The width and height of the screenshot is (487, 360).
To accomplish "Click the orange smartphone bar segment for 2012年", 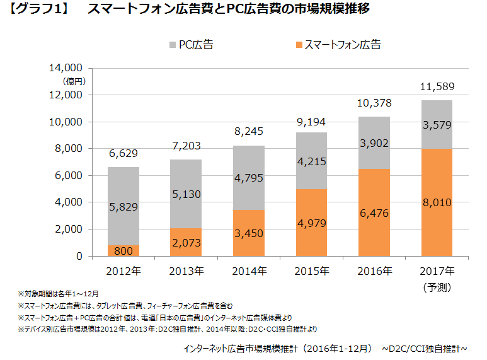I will coord(123,250).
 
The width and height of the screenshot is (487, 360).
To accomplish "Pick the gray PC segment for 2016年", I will coord(374,143).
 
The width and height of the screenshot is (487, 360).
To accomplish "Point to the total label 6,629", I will coord(123,153).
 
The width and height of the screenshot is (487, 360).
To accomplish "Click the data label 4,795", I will coord(249,178).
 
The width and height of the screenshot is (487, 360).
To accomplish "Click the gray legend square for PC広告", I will coord(173,45).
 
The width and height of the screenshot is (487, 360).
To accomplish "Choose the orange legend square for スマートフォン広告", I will coord(298,45).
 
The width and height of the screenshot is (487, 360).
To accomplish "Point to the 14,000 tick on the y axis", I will coord(66,67).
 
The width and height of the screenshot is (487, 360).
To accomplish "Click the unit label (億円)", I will coord(73,81).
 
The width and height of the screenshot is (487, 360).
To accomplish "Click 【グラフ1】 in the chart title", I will coord(39,10).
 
